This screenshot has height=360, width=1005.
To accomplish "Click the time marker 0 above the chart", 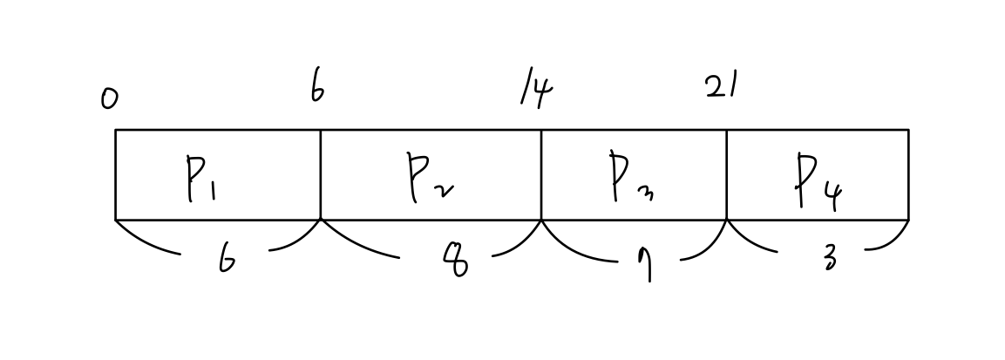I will point(109,100).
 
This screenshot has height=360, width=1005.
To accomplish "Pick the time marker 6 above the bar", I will point(318,88).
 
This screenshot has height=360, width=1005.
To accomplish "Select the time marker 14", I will point(537,91).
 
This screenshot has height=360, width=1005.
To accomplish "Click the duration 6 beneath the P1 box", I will point(227,260).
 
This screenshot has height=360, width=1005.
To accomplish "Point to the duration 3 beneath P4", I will point(829,258).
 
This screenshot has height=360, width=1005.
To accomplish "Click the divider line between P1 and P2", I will point(321,174).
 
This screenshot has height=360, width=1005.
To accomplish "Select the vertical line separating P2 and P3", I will point(541,174).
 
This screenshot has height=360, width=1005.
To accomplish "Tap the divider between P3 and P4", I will point(727,174).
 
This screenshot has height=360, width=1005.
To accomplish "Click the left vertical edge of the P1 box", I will point(115,174).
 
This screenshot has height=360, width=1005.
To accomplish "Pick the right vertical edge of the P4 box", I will point(908,174).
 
